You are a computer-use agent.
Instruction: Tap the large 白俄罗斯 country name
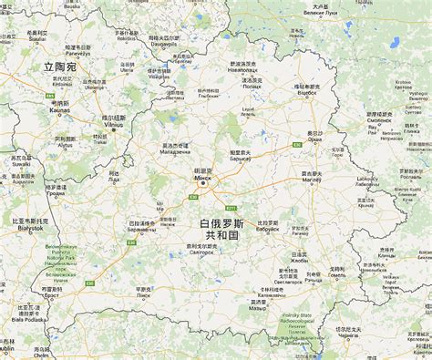[x=221, y=222]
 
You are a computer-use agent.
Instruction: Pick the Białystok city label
[x=28, y=228]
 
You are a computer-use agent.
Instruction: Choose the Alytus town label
[x=65, y=145]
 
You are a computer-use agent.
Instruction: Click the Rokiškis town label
[x=127, y=37]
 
